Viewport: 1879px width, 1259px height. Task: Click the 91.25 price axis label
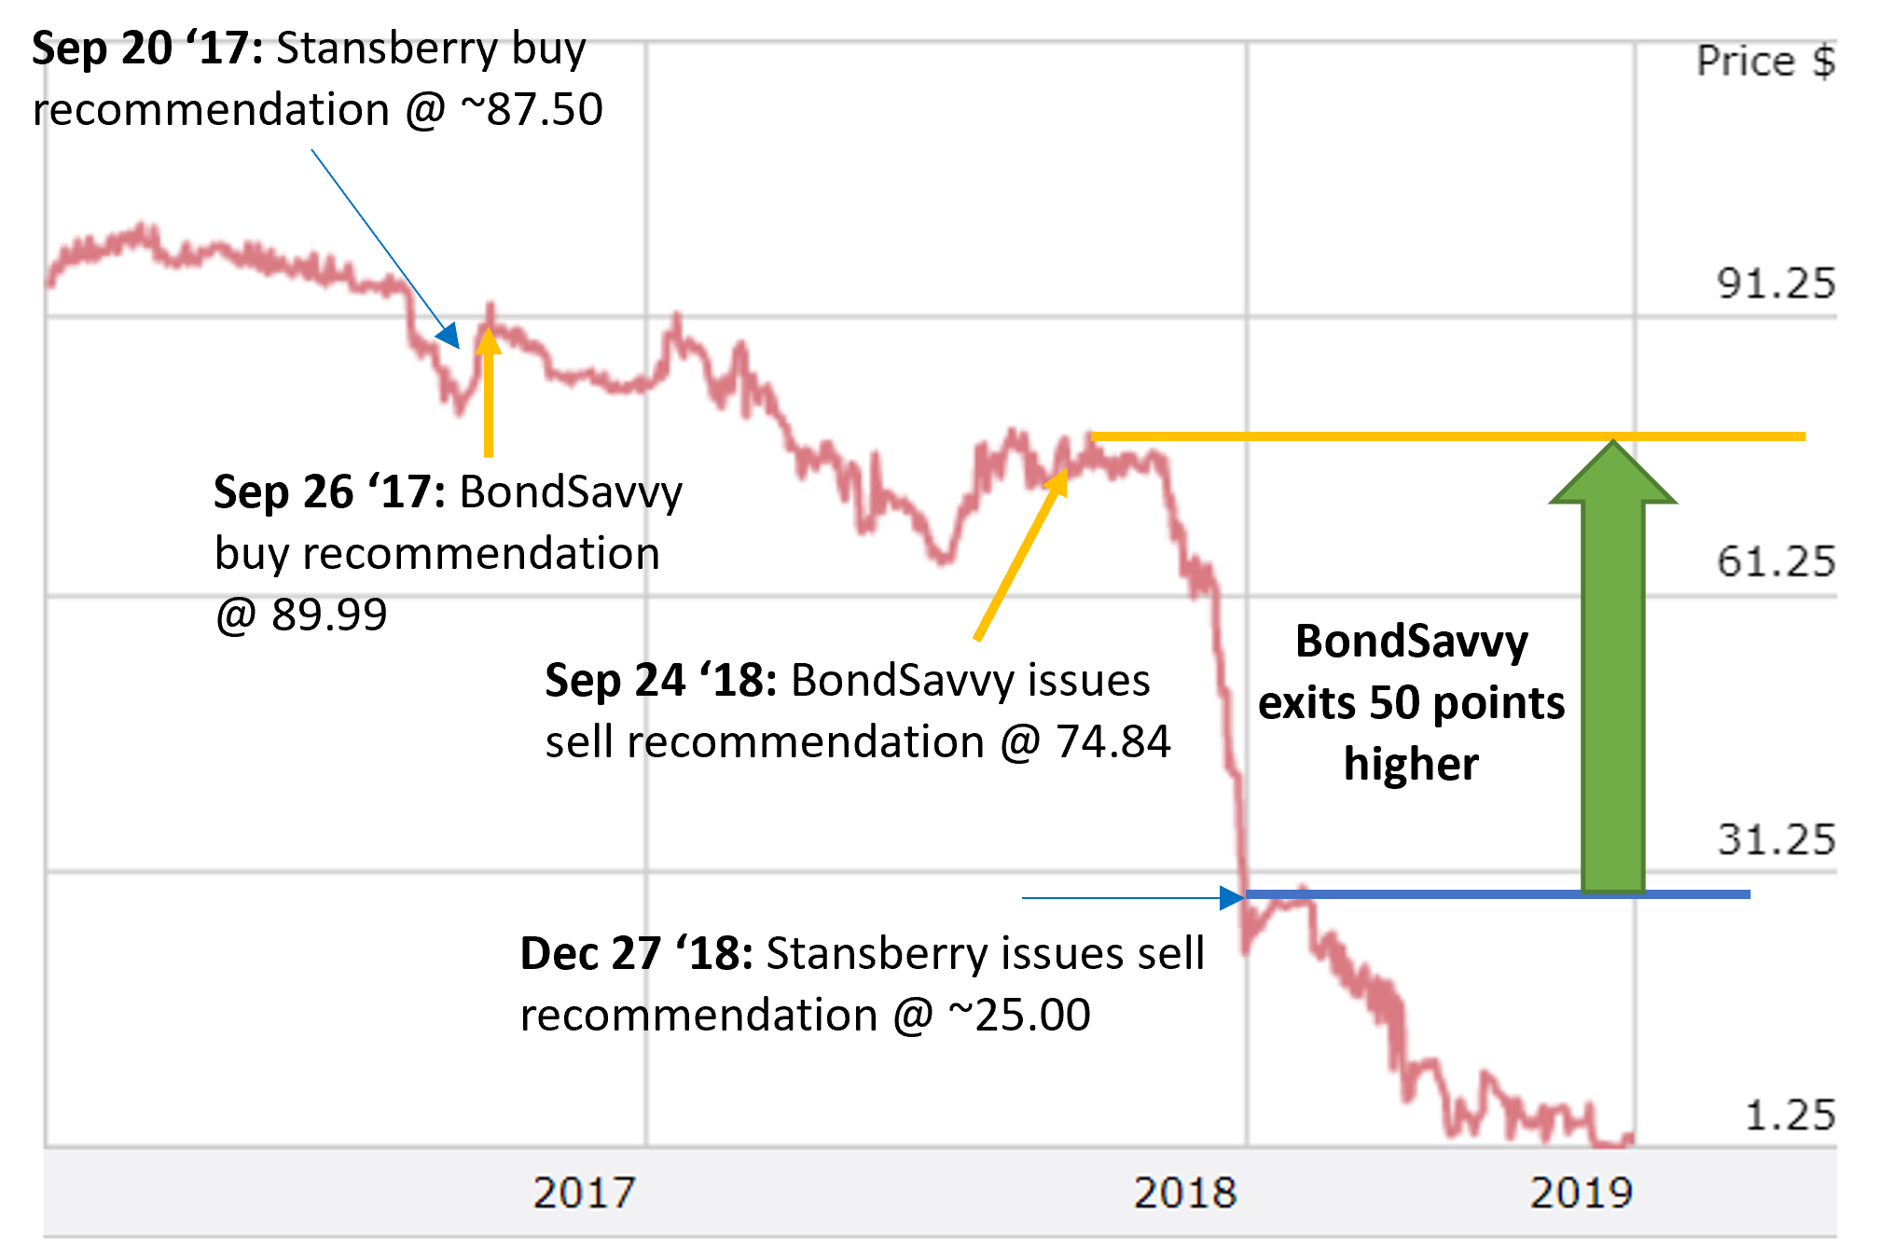pyautogui.click(x=1775, y=283)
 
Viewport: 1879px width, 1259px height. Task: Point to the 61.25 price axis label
pyautogui.click(x=1775, y=561)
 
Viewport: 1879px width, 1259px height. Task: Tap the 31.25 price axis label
pyautogui.click(x=1775, y=839)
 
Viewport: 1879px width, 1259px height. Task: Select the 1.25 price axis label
pyautogui.click(x=1789, y=1115)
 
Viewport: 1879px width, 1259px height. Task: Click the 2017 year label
pyautogui.click(x=584, y=1193)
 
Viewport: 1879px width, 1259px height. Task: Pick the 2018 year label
pyautogui.click(x=1185, y=1193)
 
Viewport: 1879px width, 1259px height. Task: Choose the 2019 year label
pyautogui.click(x=1581, y=1193)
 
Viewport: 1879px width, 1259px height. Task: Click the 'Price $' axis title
pyautogui.click(x=1765, y=62)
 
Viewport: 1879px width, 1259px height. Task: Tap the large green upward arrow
pyautogui.click(x=1612, y=671)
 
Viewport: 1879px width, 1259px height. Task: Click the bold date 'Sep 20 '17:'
pyautogui.click(x=147, y=48)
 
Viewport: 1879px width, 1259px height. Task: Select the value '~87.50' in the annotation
pyautogui.click(x=532, y=110)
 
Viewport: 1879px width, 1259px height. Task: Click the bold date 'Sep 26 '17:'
pyautogui.click(x=329, y=491)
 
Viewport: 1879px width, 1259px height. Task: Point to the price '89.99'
pyautogui.click(x=329, y=615)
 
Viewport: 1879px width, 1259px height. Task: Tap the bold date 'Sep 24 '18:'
pyautogui.click(x=660, y=680)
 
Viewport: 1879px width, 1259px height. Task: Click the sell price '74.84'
pyautogui.click(x=1112, y=742)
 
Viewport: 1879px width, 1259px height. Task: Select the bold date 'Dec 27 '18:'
pyautogui.click(x=636, y=954)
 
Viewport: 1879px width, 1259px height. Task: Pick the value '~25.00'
pyautogui.click(x=1019, y=1015)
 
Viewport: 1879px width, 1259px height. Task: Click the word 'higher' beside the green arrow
pyautogui.click(x=1410, y=764)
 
